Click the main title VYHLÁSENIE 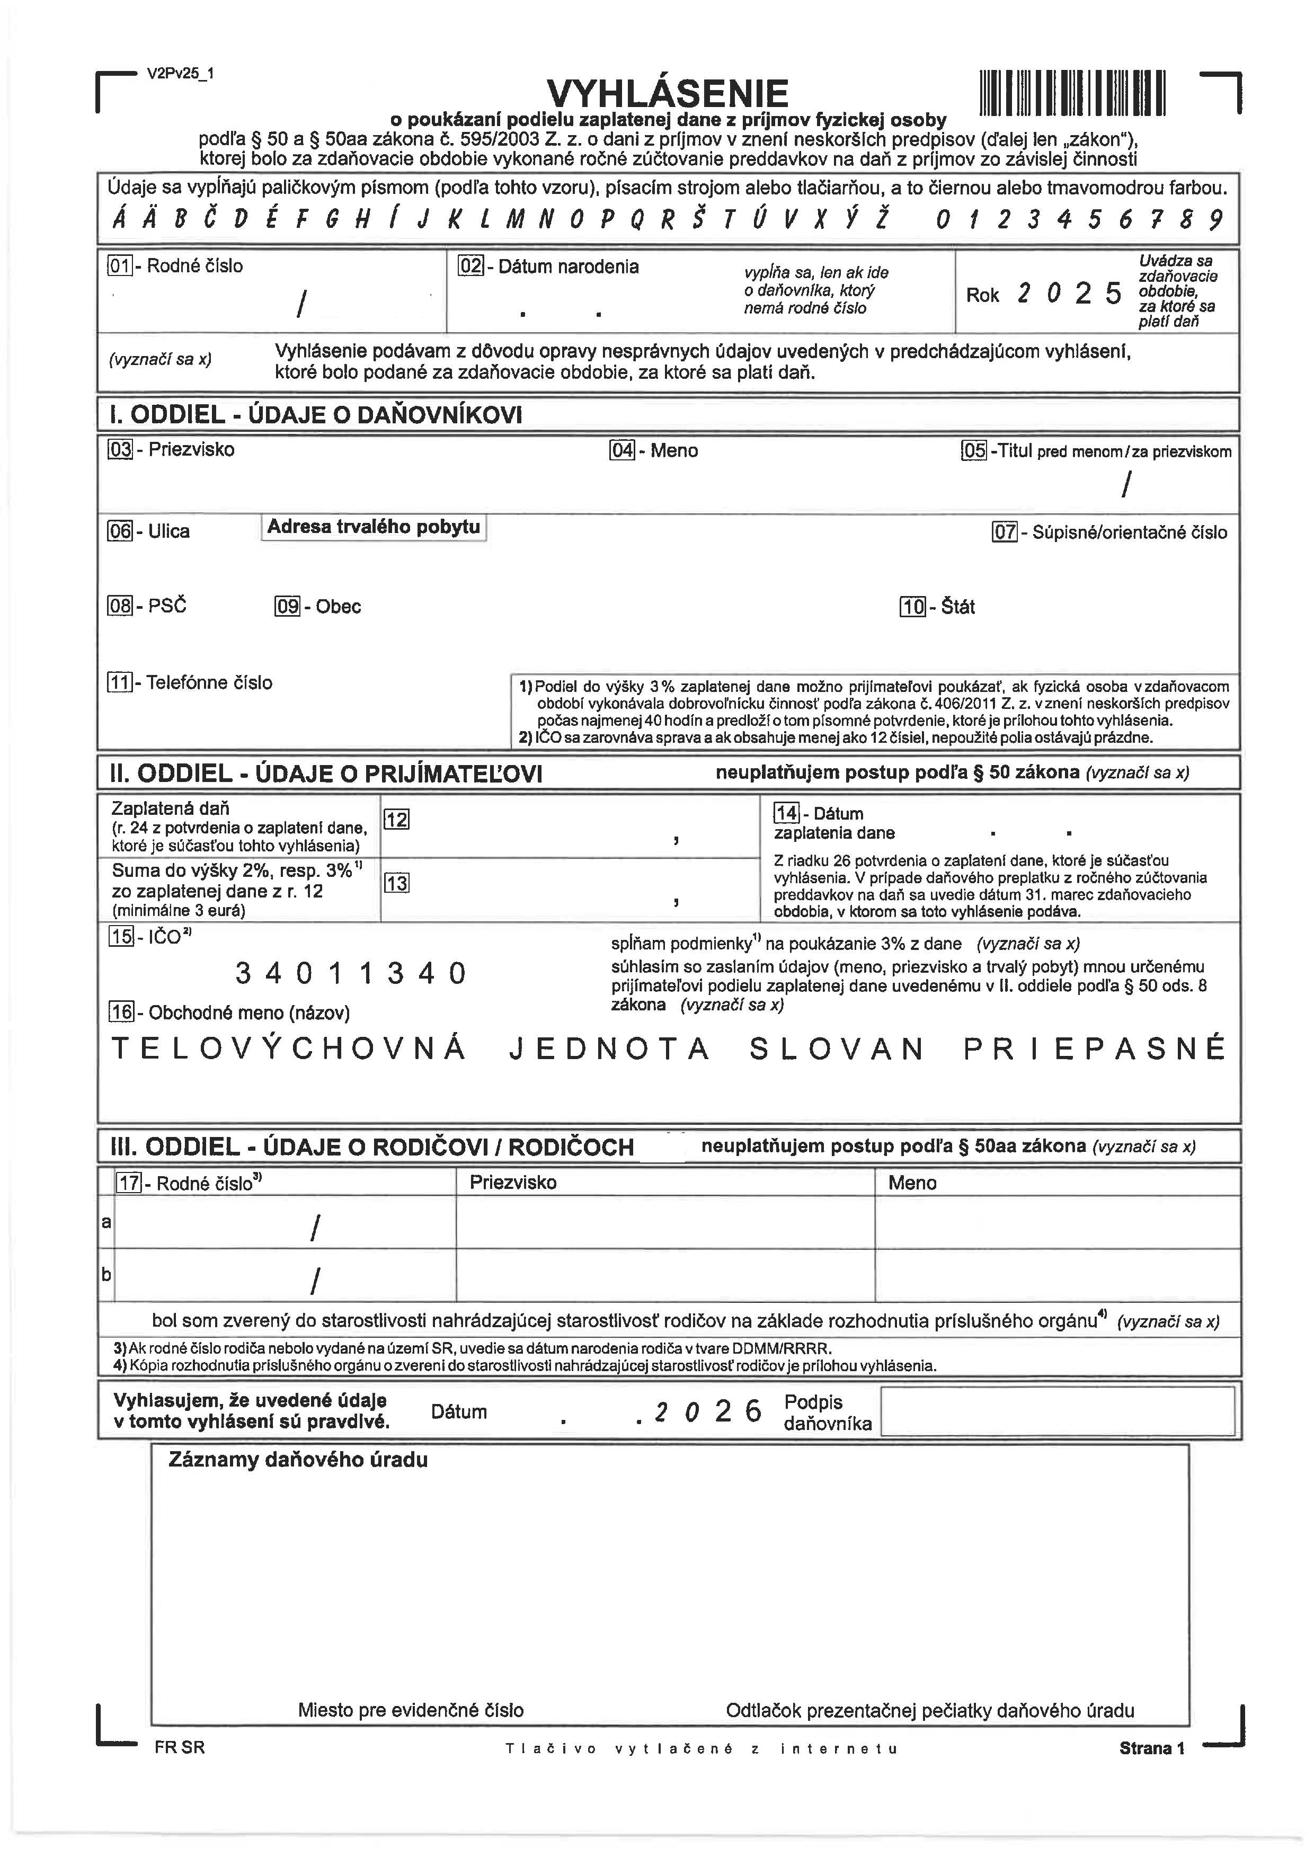click(668, 93)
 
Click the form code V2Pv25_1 click(181, 74)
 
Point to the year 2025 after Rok click(1069, 294)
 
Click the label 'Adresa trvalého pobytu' click(373, 528)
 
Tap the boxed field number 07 click(1004, 532)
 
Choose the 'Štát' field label click(958, 607)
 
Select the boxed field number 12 click(396, 820)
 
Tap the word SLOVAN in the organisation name click(837, 1050)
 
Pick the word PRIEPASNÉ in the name click(1094, 1050)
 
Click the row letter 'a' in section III click(106, 1222)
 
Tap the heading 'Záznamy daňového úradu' click(298, 1460)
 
